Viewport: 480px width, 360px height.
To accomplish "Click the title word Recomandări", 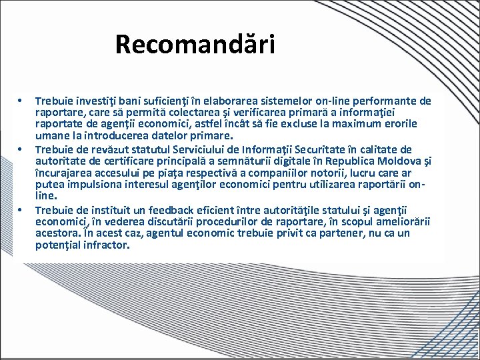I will (x=195, y=45).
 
